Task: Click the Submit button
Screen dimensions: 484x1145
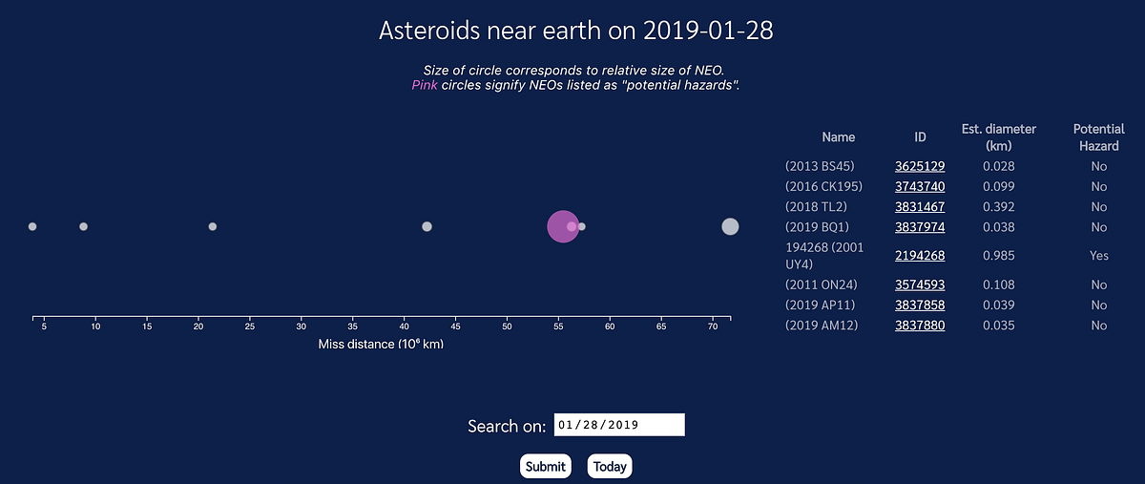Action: (545, 467)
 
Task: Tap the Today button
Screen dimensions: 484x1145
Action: (609, 467)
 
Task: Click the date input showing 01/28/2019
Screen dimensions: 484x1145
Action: (619, 425)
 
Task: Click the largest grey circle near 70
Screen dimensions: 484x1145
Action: (730, 226)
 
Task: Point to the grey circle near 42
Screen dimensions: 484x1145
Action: (427, 226)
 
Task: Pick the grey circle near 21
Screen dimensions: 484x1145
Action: (213, 226)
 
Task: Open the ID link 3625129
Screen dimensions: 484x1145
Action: (920, 166)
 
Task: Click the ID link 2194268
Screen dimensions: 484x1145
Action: (920, 256)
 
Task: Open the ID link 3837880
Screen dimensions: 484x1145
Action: (920, 326)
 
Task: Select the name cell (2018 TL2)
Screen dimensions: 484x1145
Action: (816, 206)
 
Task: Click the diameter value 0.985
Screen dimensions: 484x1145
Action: (998, 256)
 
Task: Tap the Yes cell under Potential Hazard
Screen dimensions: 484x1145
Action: (1099, 256)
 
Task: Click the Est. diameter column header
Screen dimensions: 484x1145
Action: (998, 137)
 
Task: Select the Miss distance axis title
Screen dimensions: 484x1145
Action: (381, 345)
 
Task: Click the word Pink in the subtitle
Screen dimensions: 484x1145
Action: (425, 85)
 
